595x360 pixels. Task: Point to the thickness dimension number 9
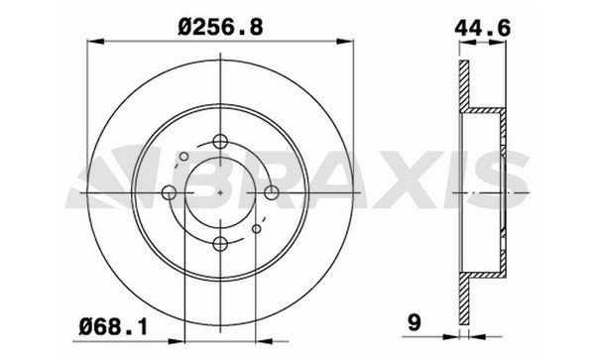415,320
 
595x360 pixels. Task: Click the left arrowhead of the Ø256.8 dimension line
92,42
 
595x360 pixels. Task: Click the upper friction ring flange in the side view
462,84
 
